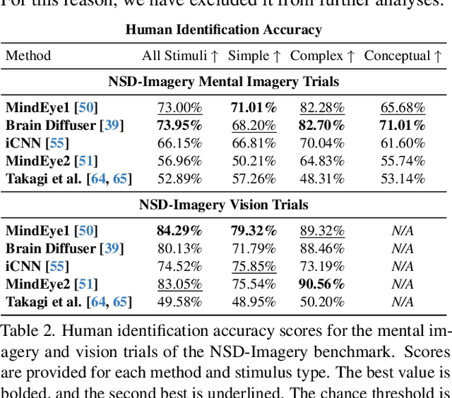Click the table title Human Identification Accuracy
click(223, 30)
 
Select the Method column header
click(28, 56)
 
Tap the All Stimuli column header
click(179, 56)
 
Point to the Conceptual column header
click(403, 56)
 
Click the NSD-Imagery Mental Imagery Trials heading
click(223, 82)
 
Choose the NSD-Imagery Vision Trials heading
click(223, 205)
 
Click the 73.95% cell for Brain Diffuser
click(179, 126)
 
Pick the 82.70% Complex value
click(322, 126)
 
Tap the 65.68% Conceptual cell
click(403, 108)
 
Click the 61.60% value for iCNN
click(403, 143)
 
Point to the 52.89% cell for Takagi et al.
click(179, 179)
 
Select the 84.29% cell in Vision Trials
click(179, 231)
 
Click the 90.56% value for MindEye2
click(322, 284)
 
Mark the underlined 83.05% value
click(179, 284)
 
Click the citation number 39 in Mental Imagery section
click(111, 126)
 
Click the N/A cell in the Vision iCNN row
click(403, 267)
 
